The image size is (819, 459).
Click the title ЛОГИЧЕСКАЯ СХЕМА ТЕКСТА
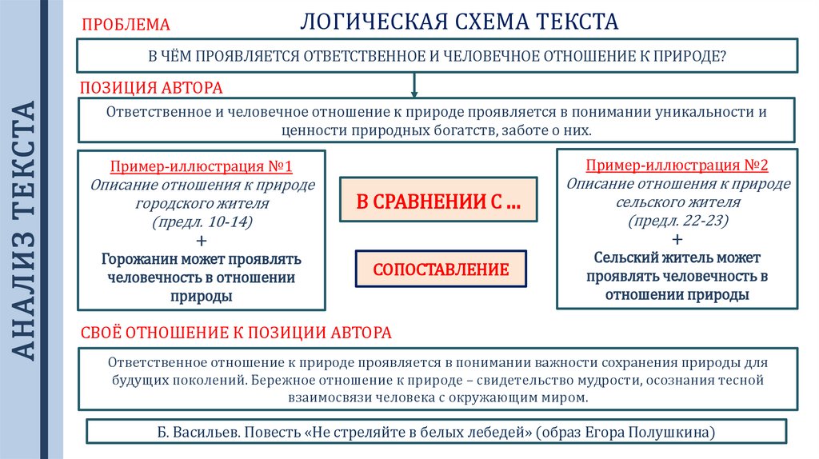point(459,22)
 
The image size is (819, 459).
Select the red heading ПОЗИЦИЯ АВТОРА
point(150,86)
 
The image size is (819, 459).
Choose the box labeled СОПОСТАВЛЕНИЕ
point(441,269)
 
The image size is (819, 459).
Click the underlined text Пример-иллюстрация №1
point(202,168)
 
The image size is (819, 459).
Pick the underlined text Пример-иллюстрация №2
point(677,166)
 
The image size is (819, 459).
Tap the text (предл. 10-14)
point(202,222)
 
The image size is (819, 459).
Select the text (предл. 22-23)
point(677,221)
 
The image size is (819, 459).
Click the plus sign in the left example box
point(202,241)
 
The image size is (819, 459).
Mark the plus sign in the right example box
point(677,239)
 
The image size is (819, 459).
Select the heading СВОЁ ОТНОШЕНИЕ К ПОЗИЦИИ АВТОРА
point(237,332)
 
